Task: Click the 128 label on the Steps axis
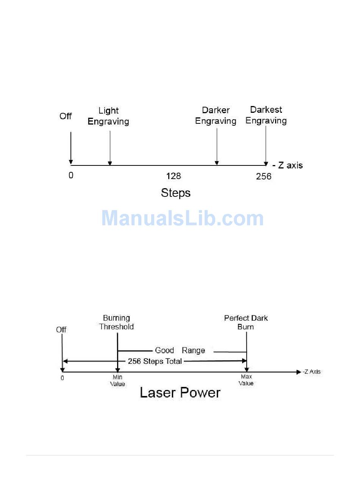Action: tap(174, 176)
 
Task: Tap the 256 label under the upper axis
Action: tap(263, 176)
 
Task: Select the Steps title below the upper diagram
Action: tap(175, 193)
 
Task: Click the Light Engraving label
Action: tap(108, 116)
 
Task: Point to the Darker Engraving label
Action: tap(216, 115)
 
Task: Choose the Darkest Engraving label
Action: tap(266, 115)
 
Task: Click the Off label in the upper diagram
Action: tap(66, 116)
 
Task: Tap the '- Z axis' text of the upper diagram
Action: tap(288, 165)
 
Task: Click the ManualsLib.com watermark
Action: tap(182, 218)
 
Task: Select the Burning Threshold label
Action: tap(117, 322)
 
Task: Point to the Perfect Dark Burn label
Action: tap(246, 322)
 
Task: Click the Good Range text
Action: tap(180, 351)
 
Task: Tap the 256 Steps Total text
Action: tap(155, 361)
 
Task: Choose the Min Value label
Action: tap(117, 380)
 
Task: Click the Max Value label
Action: tap(246, 380)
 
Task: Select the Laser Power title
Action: tap(180, 393)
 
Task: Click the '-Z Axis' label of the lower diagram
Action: tap(311, 372)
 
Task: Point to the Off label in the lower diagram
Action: tap(61, 330)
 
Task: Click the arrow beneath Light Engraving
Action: tap(110, 148)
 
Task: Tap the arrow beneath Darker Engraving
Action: tap(217, 147)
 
